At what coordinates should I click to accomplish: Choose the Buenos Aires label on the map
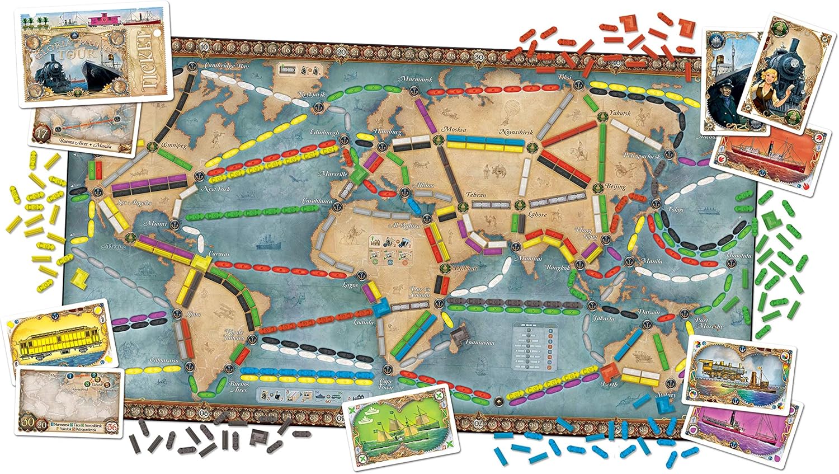coord(238,387)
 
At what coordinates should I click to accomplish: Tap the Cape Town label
coord(386,384)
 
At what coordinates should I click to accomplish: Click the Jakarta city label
coord(602,318)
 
